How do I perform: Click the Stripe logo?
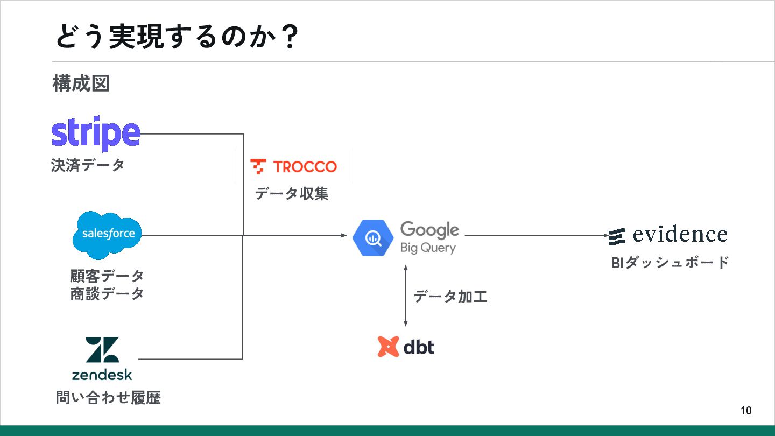point(96,133)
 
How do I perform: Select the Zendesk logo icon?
point(102,350)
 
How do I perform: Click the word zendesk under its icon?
point(102,375)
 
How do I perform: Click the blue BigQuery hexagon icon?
point(372,237)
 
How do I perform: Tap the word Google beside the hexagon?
point(429,230)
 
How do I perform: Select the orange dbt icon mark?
point(388,347)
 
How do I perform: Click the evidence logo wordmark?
point(680,235)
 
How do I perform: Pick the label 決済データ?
point(88,165)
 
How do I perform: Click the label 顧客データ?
point(107,276)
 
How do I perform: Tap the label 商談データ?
point(107,294)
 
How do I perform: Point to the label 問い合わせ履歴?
point(108,398)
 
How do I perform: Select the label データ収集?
point(291,193)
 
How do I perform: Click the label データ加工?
point(450,296)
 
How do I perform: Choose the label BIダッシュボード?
point(670,262)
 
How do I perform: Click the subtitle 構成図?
point(81,83)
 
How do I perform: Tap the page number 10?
point(746,411)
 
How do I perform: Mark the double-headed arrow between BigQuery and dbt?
point(406,296)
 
